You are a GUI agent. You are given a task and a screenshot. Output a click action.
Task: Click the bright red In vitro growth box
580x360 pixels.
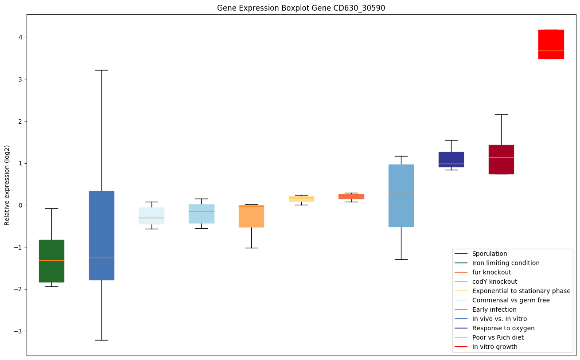(551, 44)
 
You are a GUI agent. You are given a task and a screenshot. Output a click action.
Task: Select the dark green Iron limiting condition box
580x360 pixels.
(51, 261)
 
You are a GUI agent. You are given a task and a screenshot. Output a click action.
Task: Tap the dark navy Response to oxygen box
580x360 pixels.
(451, 159)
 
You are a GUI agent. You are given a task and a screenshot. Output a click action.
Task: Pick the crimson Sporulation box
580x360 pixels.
(501, 159)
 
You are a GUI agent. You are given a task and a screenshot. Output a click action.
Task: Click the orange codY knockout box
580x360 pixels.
(251, 216)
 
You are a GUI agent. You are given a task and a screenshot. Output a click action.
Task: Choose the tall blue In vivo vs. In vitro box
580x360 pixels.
(101, 235)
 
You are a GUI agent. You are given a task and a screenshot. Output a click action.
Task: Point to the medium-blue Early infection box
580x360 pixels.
(401, 195)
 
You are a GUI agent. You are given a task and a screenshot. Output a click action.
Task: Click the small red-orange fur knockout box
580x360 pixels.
(351, 196)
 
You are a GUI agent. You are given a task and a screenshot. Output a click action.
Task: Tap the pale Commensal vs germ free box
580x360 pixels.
(152, 215)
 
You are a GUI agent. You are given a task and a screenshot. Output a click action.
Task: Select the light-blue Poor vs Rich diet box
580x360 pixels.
(201, 214)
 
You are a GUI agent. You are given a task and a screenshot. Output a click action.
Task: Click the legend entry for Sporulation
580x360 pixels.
(489, 254)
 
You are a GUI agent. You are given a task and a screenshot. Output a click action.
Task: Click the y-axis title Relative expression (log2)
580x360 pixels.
(7, 185)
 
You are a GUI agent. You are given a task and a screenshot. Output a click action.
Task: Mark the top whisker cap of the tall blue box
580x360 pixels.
(101, 70)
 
